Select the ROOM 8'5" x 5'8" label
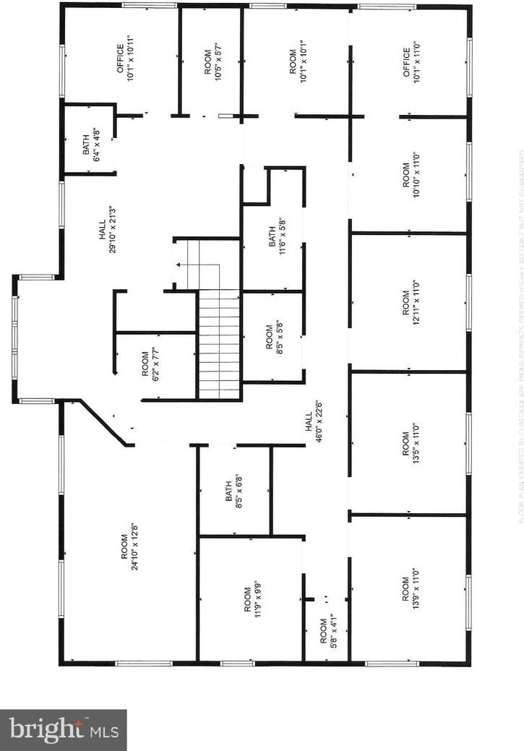click(274, 336)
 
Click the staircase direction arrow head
click(178, 265)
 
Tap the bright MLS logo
click(63, 729)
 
